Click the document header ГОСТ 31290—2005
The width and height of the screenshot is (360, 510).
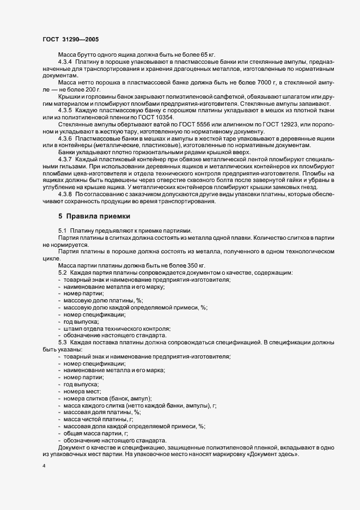[70, 39]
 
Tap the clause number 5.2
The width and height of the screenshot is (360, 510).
[62, 272]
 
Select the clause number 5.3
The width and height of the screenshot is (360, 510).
[62, 342]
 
